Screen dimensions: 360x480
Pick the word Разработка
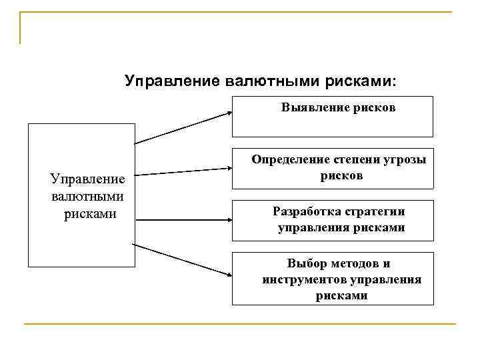click(x=307, y=211)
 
